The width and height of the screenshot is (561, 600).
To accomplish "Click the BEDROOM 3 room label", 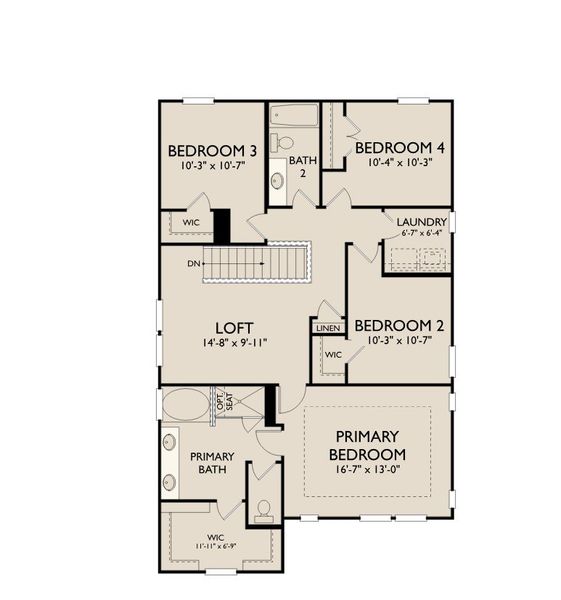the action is (212, 151).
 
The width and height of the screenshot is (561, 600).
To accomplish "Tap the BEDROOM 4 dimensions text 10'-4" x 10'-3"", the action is (400, 162).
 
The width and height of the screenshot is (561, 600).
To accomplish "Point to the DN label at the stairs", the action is (194, 264).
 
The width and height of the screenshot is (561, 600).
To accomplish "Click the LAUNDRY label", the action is (422, 222).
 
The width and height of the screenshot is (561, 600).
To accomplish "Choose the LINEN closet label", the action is (328, 328).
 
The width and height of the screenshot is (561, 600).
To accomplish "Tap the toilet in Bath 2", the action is (281, 143).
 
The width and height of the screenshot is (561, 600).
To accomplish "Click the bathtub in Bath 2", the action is (294, 116).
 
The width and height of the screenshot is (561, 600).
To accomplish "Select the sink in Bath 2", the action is (277, 181).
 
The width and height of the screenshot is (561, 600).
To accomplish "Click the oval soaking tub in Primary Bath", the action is (186, 404).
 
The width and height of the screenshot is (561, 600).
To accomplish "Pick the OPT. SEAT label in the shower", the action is (225, 402).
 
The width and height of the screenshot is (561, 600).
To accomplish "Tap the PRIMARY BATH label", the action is (212, 463).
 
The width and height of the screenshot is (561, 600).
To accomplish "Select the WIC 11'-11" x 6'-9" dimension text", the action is (215, 546).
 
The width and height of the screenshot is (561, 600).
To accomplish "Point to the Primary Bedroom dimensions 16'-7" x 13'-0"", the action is (367, 470).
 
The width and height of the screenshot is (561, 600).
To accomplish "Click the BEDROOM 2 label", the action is (400, 326).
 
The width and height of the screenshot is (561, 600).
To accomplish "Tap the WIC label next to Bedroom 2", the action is (333, 355).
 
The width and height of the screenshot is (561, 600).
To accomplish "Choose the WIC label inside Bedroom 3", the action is (191, 222).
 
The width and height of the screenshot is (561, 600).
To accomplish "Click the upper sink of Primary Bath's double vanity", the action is (169, 442).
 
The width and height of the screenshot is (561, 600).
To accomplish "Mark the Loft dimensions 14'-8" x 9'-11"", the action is (234, 342).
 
